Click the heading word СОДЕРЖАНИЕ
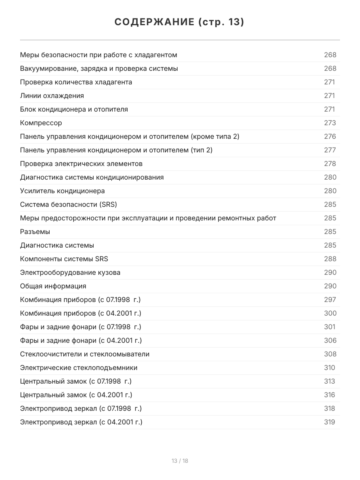point(154,22)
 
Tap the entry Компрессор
point(41,123)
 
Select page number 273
point(330,123)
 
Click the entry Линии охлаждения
point(52,96)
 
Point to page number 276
point(330,136)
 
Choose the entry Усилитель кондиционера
point(62,191)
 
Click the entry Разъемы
point(35,232)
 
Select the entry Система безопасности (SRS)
point(68,204)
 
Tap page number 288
point(330,259)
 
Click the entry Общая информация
point(53,286)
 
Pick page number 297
point(330,300)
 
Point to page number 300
point(330,313)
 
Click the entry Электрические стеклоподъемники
point(79,368)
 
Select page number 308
point(330,354)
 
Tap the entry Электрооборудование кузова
point(70,272)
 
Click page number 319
point(330,422)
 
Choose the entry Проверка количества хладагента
point(76,82)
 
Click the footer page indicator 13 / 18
point(180,461)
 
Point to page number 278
point(330,164)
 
